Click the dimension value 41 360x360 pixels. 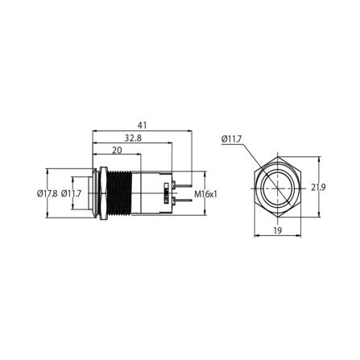(142, 126)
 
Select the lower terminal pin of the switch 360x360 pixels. (182, 203)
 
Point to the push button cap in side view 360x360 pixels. (89, 193)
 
